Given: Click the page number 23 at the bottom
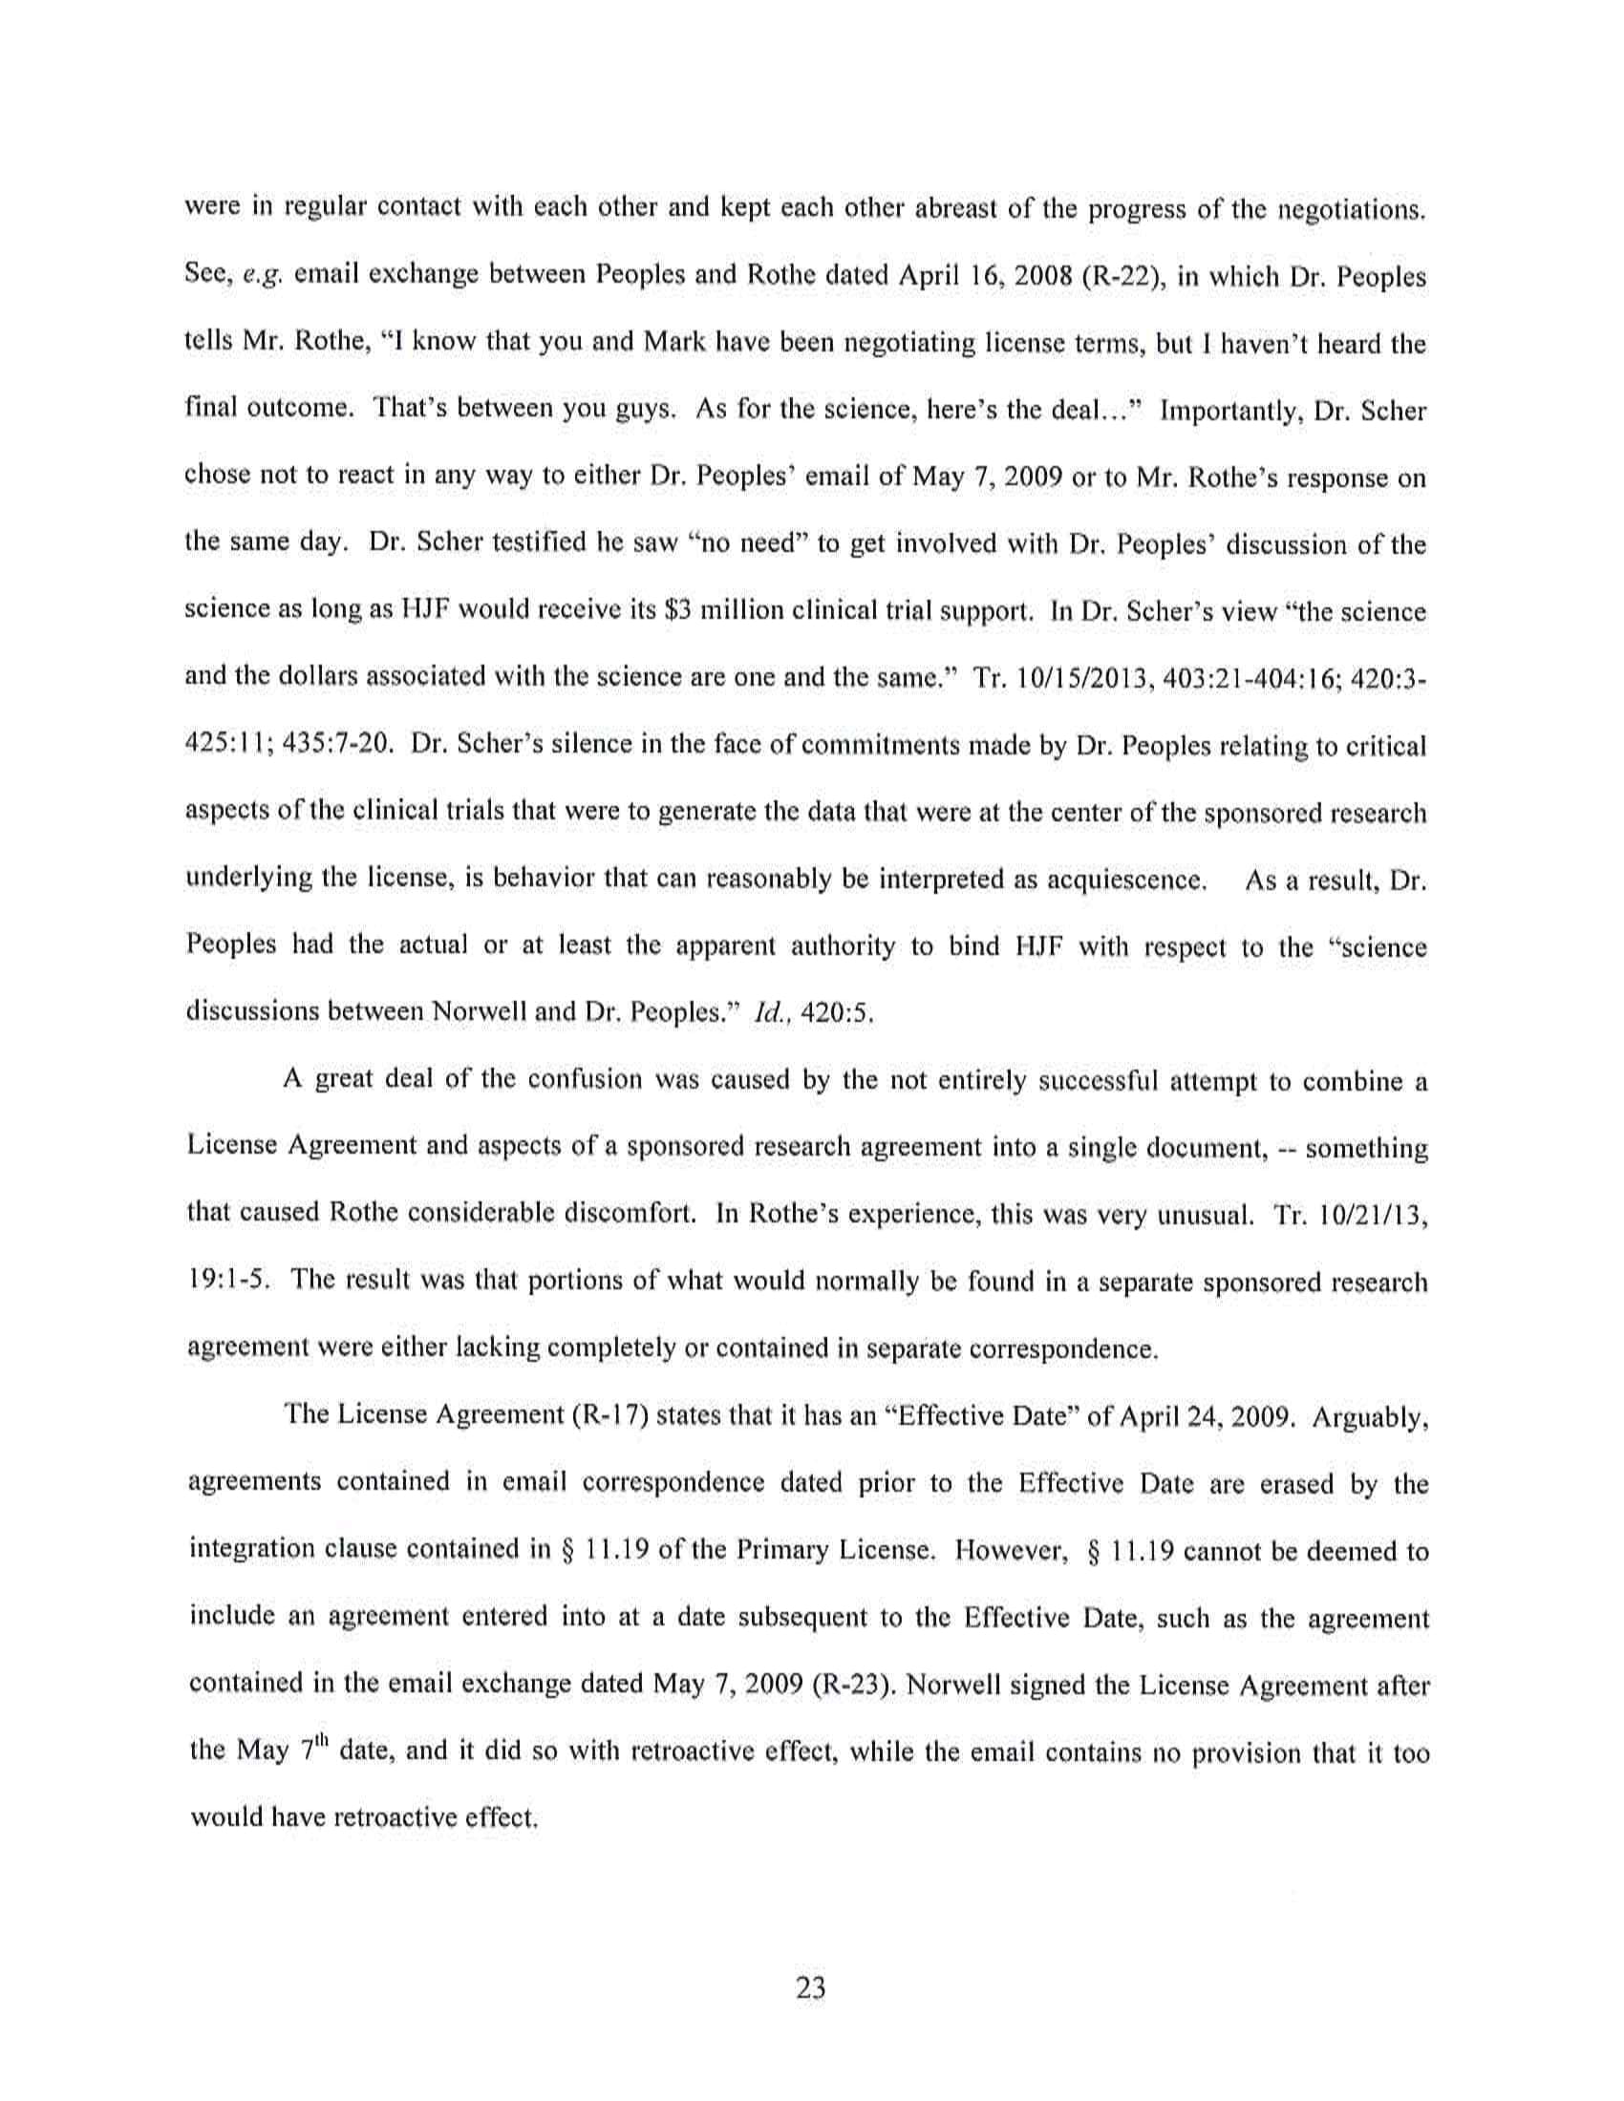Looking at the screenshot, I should [x=811, y=1987].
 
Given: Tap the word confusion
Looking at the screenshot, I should [x=582, y=1079].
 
